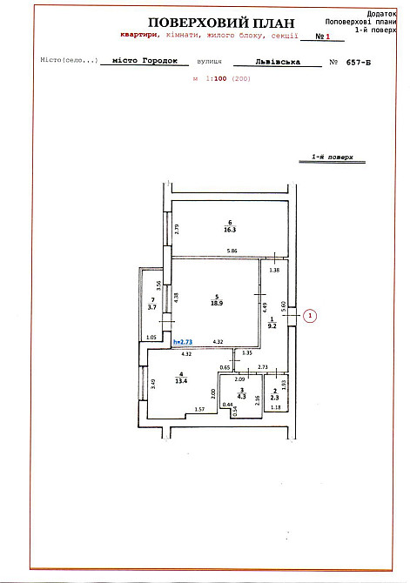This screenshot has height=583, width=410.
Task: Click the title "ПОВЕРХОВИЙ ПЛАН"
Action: pyautogui.click(x=221, y=23)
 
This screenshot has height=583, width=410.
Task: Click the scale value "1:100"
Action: pyautogui.click(x=217, y=78)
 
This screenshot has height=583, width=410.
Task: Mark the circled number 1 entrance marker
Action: pyautogui.click(x=313, y=317)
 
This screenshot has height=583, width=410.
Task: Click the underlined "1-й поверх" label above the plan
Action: pyautogui.click(x=333, y=158)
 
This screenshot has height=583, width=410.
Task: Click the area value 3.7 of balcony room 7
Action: pyautogui.click(x=151, y=307)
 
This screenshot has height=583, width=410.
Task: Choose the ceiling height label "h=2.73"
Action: pyautogui.click(x=183, y=344)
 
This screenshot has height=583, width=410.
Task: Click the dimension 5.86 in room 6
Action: pyautogui.click(x=232, y=251)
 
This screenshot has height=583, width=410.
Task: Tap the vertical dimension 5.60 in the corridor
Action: pyautogui.click(x=284, y=307)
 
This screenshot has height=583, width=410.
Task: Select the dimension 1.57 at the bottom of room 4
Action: pyautogui.click(x=198, y=408)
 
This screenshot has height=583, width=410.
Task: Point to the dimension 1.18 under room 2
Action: pyautogui.click(x=275, y=407)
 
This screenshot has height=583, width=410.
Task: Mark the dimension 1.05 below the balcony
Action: pyautogui.click(x=151, y=338)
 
